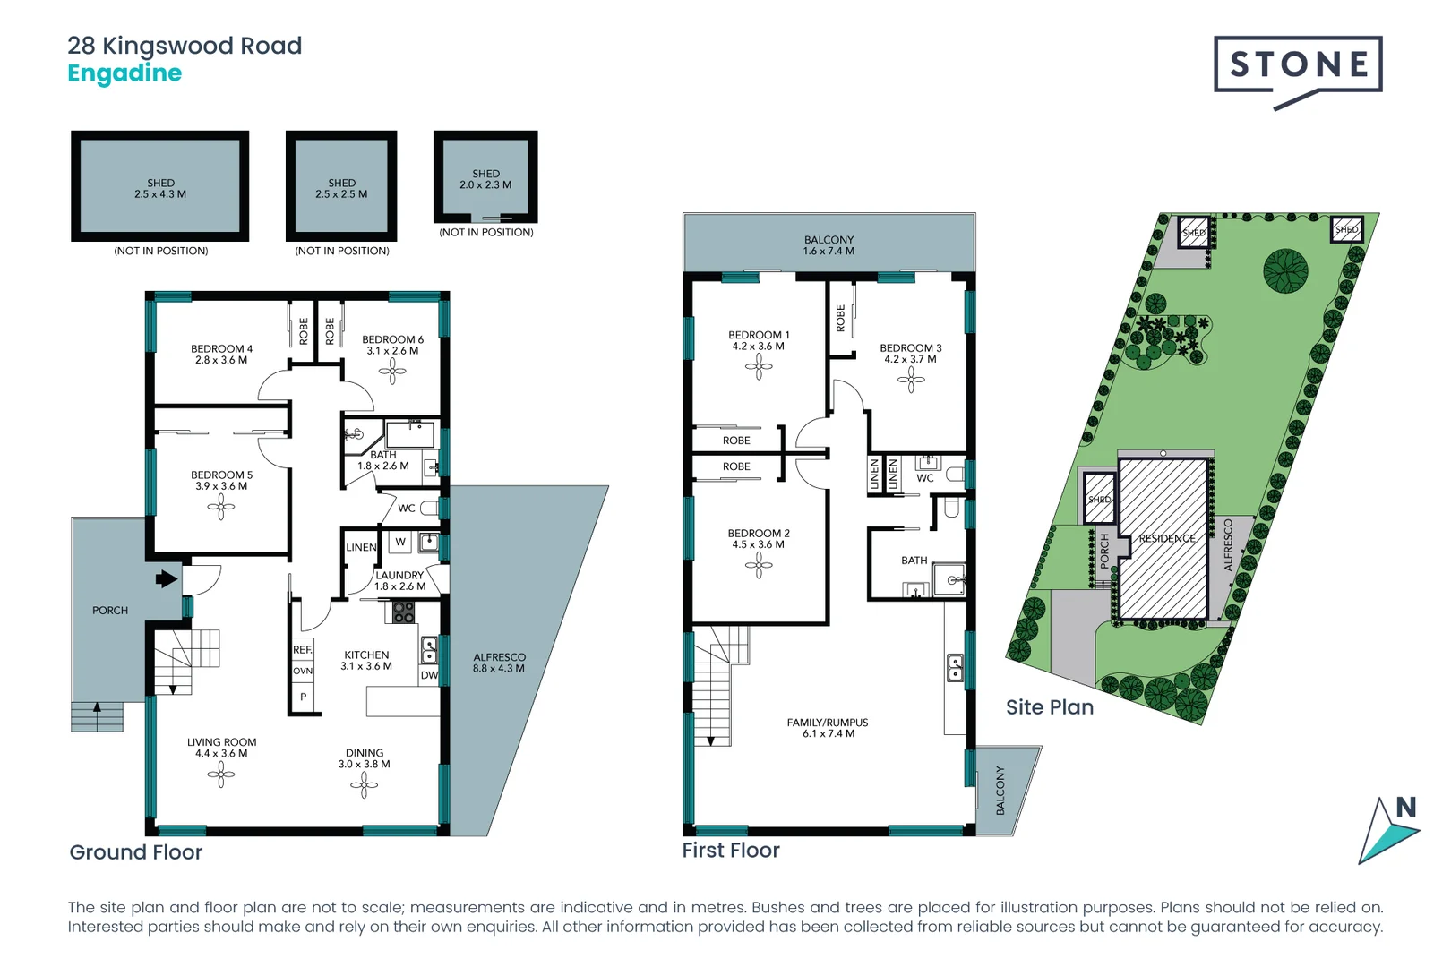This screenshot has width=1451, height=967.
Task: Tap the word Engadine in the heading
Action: point(124,73)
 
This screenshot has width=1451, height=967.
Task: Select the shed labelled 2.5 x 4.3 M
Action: point(160,188)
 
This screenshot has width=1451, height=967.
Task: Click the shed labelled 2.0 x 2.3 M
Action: point(485,179)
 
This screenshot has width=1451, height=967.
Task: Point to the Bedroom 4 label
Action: point(221,354)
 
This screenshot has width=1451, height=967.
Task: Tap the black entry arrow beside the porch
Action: point(167,579)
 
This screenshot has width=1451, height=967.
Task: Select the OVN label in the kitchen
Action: point(303,671)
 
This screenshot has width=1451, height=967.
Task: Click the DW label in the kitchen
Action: point(429,675)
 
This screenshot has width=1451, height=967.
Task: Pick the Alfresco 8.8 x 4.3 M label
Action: point(499,663)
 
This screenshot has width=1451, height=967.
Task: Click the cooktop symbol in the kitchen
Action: point(403,612)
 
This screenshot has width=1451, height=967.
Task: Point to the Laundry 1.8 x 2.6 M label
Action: point(399,580)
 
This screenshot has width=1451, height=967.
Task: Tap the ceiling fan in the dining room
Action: point(364,785)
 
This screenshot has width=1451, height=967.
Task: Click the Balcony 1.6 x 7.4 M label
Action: point(829,245)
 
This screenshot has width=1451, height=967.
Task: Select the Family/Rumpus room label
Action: point(828,727)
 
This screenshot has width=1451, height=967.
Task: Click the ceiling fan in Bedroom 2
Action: point(759,565)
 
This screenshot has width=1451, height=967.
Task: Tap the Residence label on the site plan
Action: point(1167,539)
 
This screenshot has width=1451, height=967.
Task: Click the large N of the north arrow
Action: point(1405,808)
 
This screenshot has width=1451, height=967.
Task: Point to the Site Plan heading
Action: point(1049,707)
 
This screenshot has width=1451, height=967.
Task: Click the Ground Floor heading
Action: point(136,852)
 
